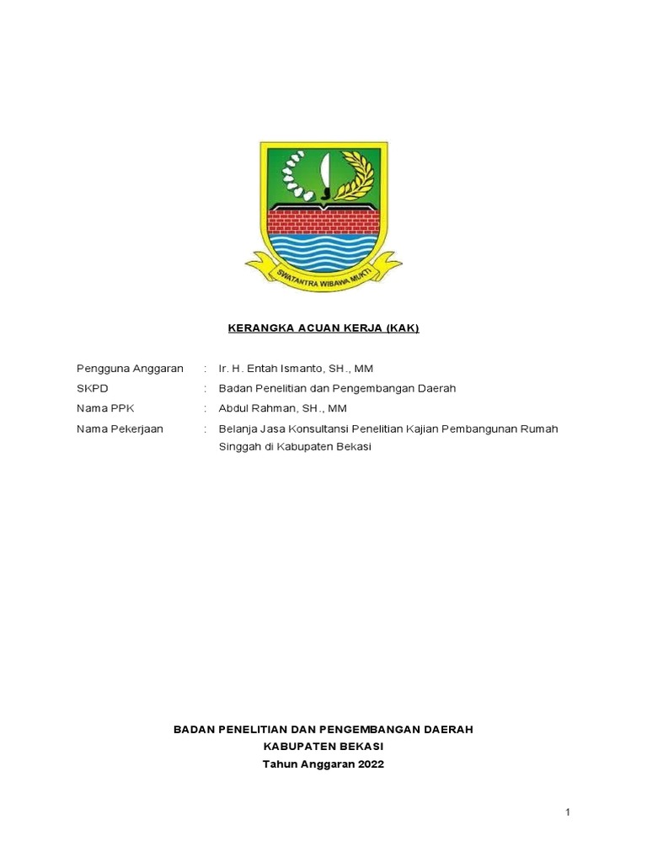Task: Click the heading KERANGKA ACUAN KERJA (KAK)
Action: coord(323,328)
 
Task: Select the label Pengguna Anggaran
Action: coord(130,370)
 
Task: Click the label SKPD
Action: coord(93,389)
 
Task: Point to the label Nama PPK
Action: coord(105,408)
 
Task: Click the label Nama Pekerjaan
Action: coord(120,428)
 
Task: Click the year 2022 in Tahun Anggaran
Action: coord(369,764)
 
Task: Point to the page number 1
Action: coord(568,812)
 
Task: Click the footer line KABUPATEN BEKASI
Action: coord(323,747)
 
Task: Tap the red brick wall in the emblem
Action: coord(323,221)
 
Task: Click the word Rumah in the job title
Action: coord(540,428)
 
